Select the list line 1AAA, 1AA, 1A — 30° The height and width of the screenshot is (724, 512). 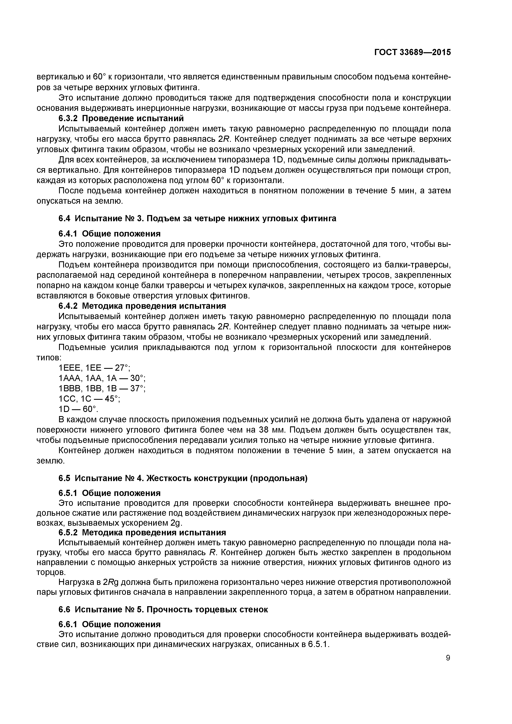point(102,378)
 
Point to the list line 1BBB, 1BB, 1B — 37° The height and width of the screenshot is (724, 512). point(102,388)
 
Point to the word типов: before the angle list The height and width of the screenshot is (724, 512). point(49,358)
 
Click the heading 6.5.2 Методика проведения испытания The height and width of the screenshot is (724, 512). point(142,532)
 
